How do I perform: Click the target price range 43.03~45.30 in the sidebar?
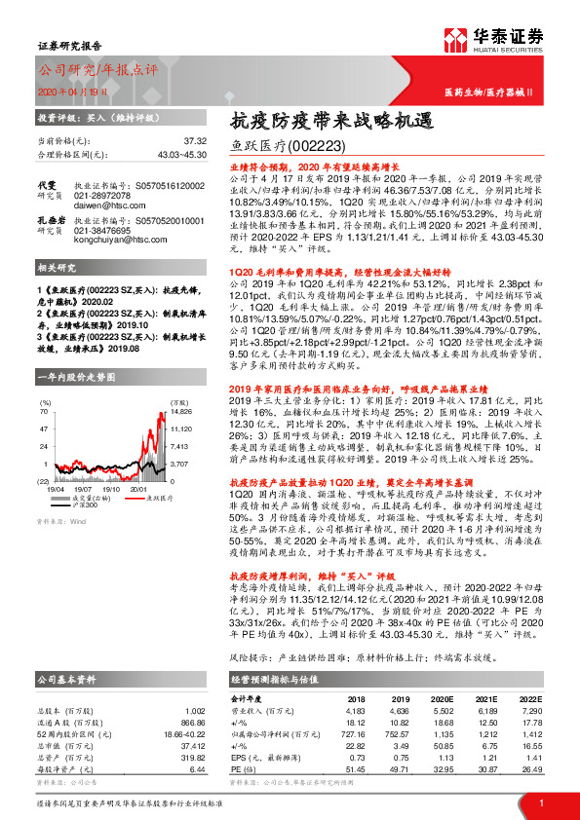click(x=181, y=154)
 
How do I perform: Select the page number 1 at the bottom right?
click(x=541, y=803)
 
